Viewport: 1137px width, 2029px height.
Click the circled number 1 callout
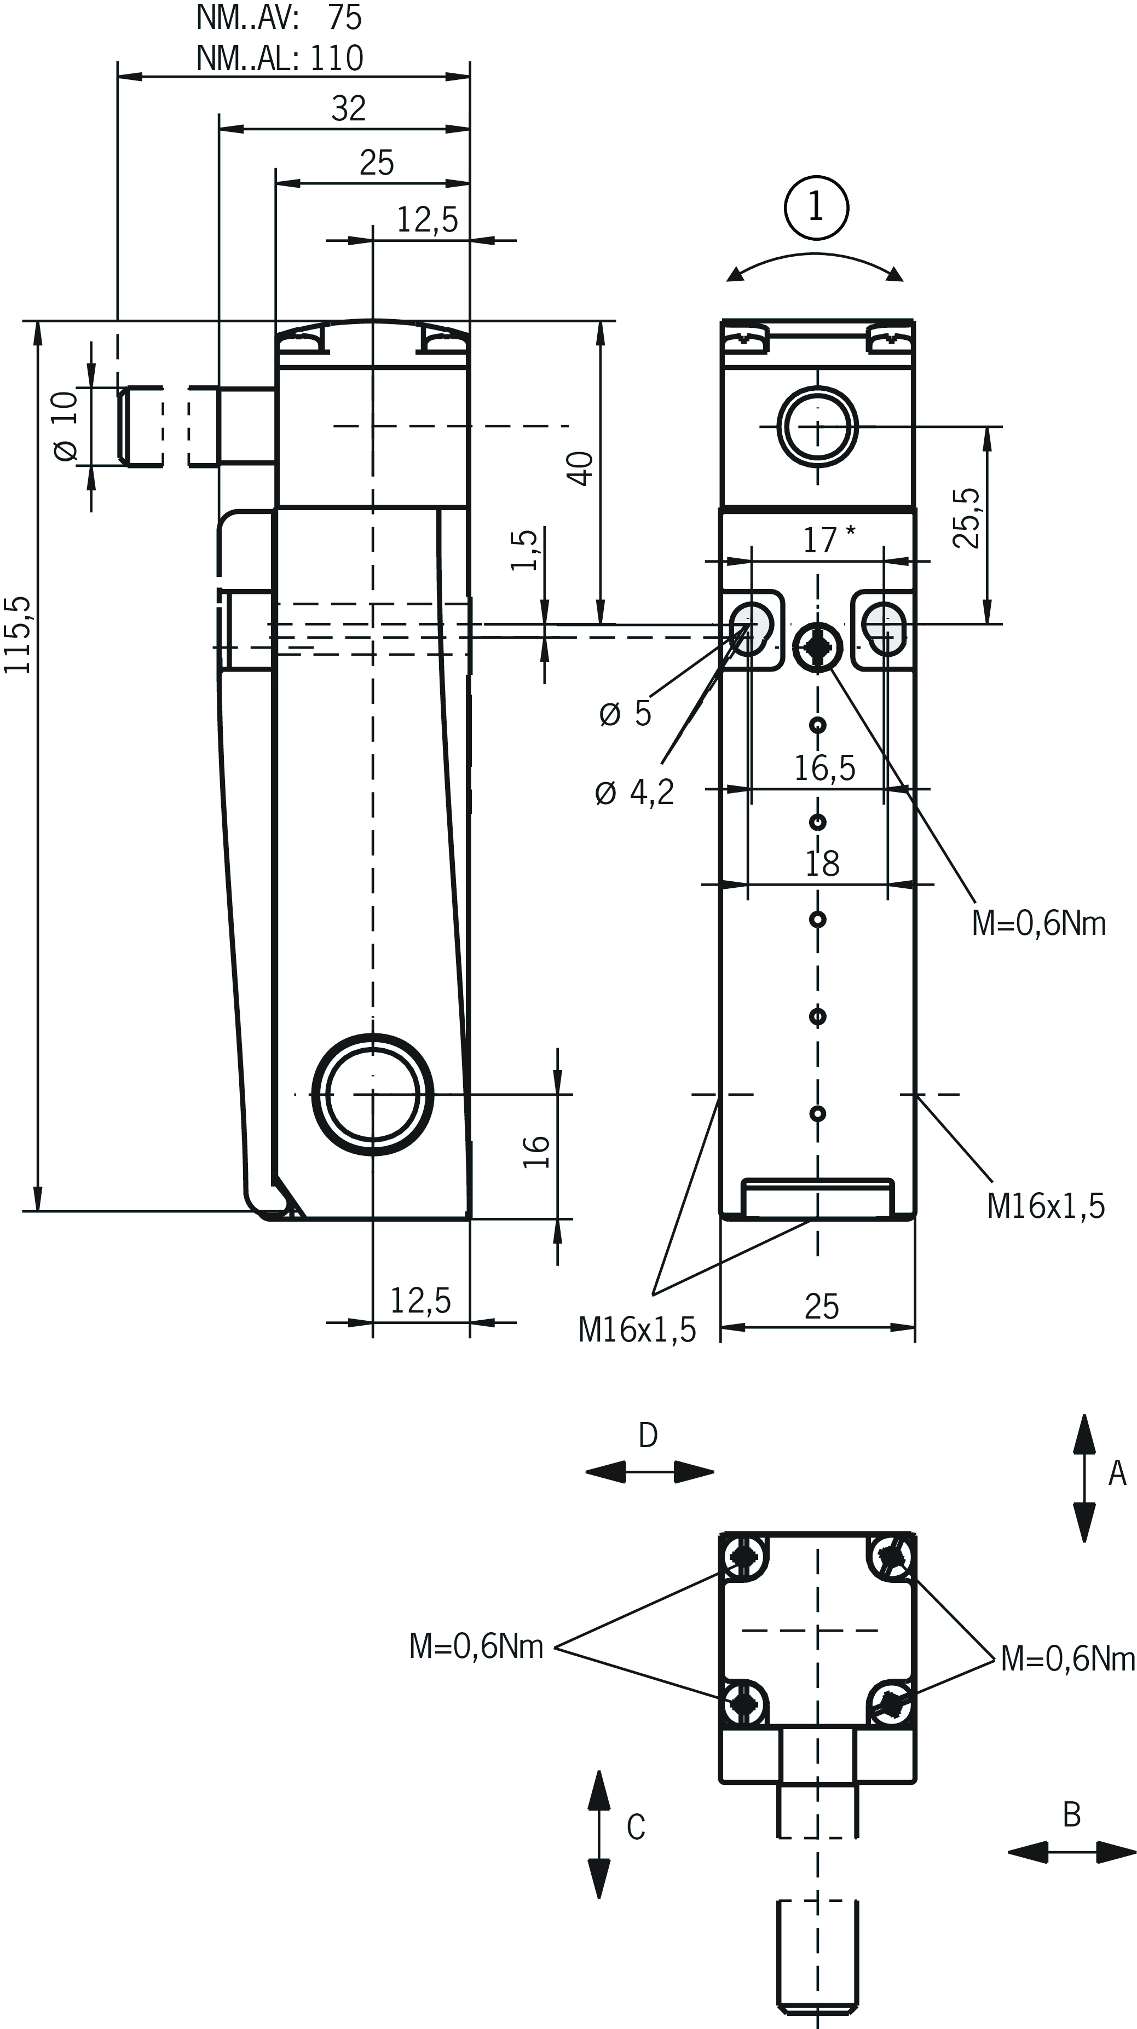pyautogui.click(x=816, y=208)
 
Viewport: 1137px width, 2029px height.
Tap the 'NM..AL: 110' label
pyautogui.click(x=280, y=58)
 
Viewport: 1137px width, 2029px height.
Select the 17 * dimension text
pyautogui.click(x=827, y=540)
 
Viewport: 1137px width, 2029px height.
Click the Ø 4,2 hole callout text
pyautogui.click(x=634, y=793)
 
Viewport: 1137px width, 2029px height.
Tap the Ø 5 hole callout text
pyautogui.click(x=626, y=714)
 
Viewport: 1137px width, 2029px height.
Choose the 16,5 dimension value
pyautogui.click(x=824, y=767)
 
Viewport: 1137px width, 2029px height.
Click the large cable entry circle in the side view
pyautogui.click(x=373, y=1094)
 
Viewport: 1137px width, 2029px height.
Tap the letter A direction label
pyautogui.click(x=1117, y=1473)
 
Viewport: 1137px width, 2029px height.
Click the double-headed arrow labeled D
pyautogui.click(x=649, y=1471)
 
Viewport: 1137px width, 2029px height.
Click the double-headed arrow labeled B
pyautogui.click(x=1072, y=1853)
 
